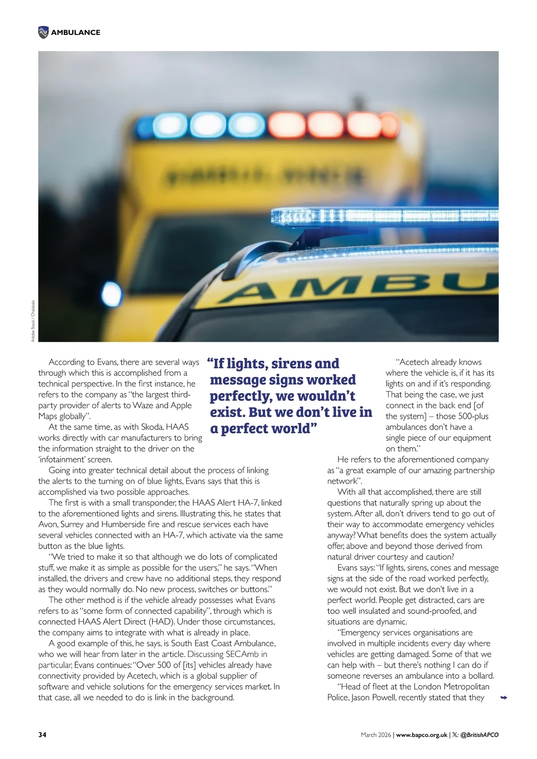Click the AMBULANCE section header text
pos(76,32)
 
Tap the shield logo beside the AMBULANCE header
pos(43,32)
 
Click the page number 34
pos(42,734)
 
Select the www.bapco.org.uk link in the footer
pos(422,734)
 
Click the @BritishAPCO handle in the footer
pos(479,734)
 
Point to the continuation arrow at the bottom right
pos(503,697)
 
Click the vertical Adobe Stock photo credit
pos(33,320)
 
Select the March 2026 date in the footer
pos(375,734)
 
